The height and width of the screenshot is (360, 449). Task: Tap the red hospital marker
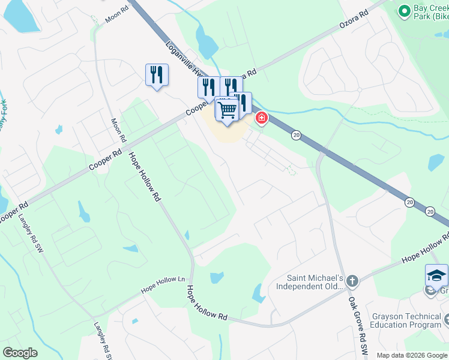click(261, 118)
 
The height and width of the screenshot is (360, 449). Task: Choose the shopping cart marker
click(227, 110)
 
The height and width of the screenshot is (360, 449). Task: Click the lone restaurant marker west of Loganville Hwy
click(157, 74)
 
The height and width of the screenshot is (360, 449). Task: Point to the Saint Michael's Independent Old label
click(309, 282)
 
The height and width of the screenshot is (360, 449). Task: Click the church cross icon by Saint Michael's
click(352, 280)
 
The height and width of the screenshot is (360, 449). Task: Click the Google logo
click(20, 353)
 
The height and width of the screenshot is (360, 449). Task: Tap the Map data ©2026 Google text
click(411, 355)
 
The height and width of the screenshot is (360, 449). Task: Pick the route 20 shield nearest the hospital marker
click(296, 136)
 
